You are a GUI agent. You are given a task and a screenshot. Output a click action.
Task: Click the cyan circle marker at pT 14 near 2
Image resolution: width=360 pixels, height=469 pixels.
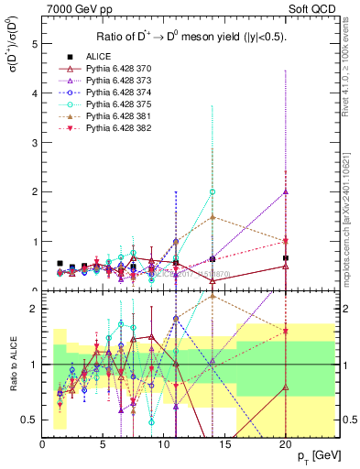coord(213,192)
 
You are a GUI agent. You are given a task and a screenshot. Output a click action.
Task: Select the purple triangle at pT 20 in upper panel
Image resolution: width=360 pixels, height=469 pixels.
coord(286,192)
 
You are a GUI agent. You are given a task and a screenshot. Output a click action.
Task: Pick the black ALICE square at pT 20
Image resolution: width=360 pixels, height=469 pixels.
coord(286,258)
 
